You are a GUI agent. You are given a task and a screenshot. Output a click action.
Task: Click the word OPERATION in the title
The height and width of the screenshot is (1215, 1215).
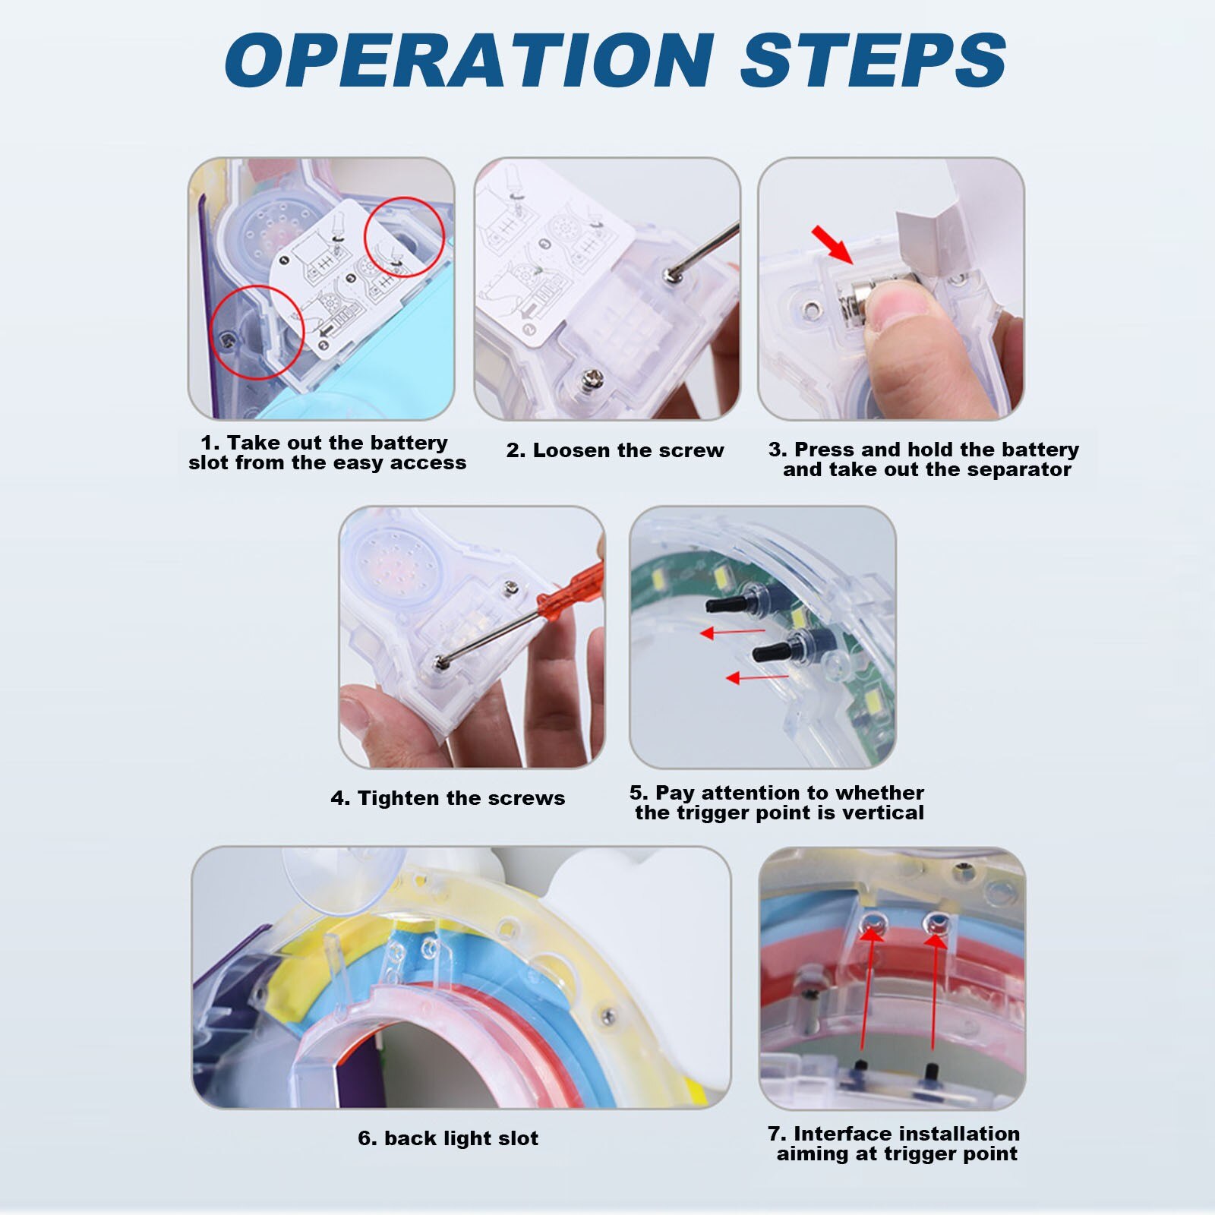[x=469, y=60]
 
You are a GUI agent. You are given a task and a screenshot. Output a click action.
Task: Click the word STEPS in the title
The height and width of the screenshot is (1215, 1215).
[x=873, y=60]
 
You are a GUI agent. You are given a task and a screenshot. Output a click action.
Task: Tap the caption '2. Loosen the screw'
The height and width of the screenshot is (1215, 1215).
[x=615, y=450]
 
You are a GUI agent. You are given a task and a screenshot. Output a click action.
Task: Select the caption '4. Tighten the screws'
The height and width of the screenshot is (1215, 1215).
[x=448, y=798]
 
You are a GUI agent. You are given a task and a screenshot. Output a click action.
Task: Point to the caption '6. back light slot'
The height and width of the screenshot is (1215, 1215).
[x=448, y=1138]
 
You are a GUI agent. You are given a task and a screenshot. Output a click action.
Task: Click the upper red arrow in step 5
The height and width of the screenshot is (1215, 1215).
[x=732, y=632]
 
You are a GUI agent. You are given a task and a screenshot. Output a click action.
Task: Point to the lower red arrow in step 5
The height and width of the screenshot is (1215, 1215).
[x=758, y=677]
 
